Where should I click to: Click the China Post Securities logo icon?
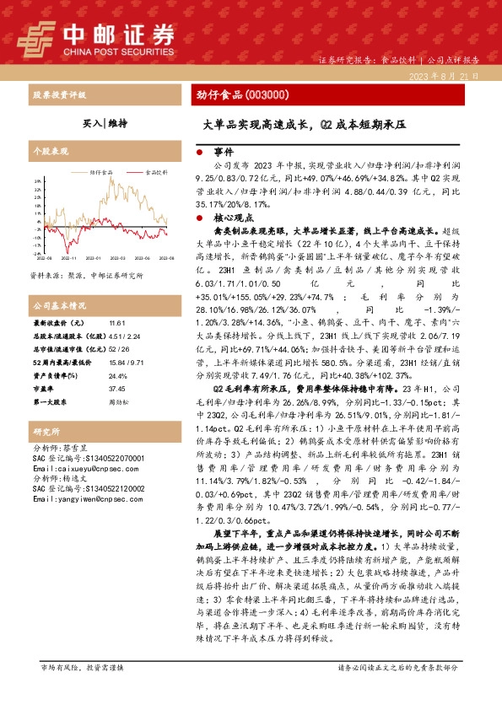[33, 37]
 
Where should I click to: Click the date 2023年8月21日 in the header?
[448, 76]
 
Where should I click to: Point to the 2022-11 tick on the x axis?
[67, 257]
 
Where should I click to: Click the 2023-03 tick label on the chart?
[116, 257]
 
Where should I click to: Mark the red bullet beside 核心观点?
[199, 217]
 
